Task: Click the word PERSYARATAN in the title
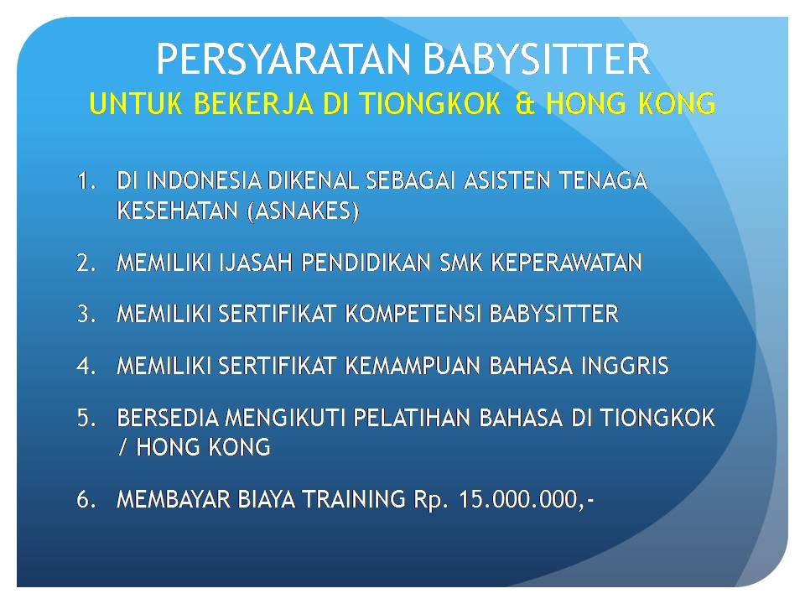(x=284, y=59)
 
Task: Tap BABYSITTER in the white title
(x=537, y=59)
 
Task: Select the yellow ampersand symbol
(x=525, y=103)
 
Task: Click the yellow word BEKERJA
(x=253, y=103)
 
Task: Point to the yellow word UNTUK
(x=135, y=103)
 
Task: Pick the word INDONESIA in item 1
(x=204, y=180)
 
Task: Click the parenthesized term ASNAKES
(x=303, y=211)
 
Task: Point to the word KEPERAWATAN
(x=566, y=263)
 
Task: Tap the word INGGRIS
(x=625, y=366)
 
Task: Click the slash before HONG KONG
(x=122, y=447)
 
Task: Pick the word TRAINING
(x=354, y=498)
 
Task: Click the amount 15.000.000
(x=518, y=498)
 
